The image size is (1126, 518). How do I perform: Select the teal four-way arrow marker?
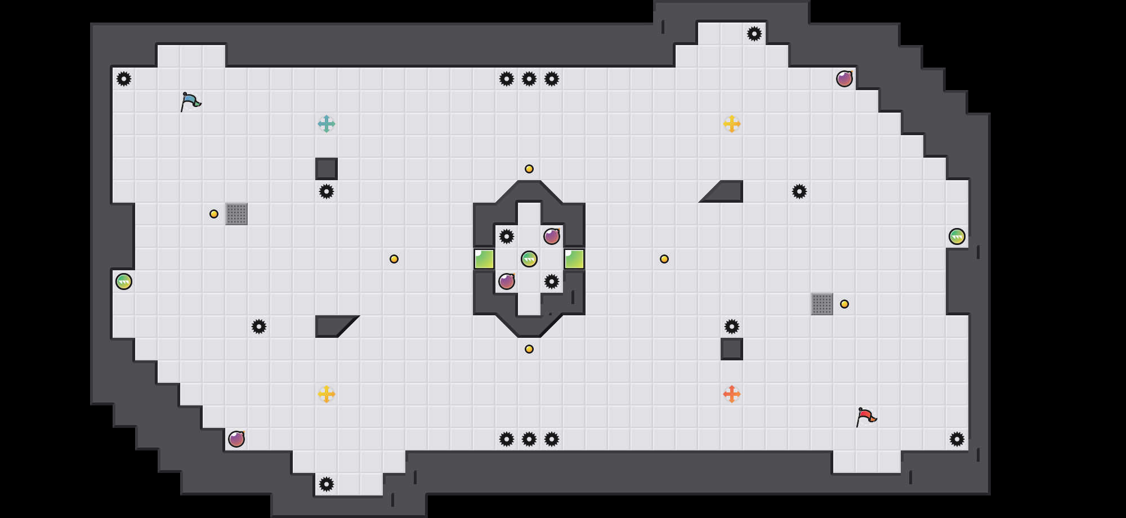[x=327, y=124]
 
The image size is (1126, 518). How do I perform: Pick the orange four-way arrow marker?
[x=732, y=394]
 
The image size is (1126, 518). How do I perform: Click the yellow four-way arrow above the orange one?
[x=732, y=124]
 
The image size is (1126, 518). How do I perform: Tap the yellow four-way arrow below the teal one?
[x=327, y=394]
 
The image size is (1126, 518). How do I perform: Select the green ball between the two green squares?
[x=529, y=259]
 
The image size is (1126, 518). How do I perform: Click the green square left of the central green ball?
[x=484, y=259]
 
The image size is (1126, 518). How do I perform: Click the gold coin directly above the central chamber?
[x=529, y=169]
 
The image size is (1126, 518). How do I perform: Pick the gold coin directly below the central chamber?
[x=529, y=349]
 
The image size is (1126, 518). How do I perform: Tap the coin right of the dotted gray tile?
[x=844, y=304]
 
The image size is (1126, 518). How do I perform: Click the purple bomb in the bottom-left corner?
[x=236, y=439]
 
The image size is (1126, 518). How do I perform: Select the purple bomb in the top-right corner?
[x=844, y=79]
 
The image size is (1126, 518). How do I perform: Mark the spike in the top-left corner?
[x=124, y=79]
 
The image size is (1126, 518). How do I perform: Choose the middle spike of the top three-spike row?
[x=529, y=79]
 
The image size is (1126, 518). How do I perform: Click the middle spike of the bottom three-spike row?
[x=529, y=439]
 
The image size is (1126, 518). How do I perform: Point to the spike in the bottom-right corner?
[x=957, y=439]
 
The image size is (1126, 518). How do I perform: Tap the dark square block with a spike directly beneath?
[x=327, y=169]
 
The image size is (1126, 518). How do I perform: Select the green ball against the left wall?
[x=124, y=282]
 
